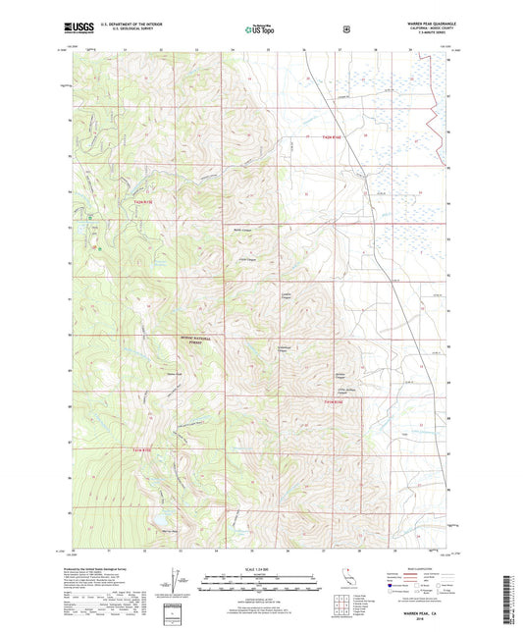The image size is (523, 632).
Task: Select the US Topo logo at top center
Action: pyautogui.click(x=262, y=29)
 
